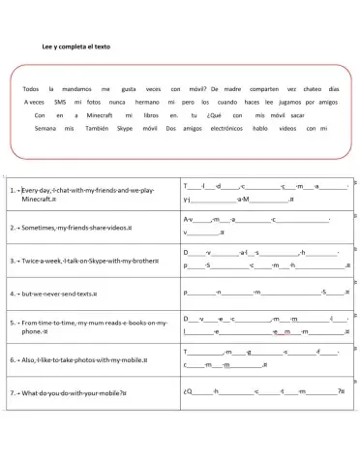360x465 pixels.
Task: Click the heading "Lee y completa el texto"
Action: pos(76,46)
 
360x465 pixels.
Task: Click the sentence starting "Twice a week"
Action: pos(85,261)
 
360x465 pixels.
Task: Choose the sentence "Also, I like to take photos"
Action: pos(81,359)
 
